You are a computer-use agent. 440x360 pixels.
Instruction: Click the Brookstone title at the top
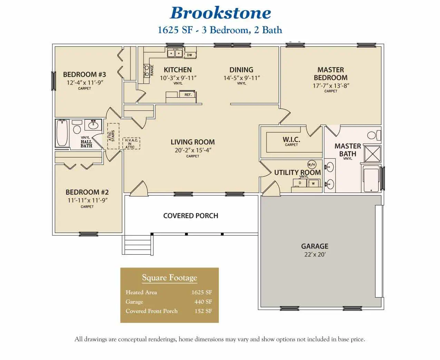click(220, 13)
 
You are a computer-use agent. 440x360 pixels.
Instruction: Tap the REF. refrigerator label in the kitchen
click(188, 95)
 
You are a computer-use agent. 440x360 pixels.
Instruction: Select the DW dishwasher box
click(189, 55)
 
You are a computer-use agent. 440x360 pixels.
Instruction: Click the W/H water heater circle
click(312, 165)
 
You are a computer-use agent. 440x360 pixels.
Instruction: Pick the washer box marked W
click(313, 183)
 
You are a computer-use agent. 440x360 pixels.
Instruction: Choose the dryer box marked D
click(300, 183)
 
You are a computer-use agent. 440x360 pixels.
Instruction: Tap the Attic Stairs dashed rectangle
click(113, 136)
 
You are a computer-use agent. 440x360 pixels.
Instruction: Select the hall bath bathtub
click(62, 133)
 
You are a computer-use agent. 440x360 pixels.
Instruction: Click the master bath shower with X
click(373, 154)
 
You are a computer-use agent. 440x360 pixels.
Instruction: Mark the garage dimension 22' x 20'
click(315, 255)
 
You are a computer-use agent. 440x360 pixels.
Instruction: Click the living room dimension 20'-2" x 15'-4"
click(193, 150)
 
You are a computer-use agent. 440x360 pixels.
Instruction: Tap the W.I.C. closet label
click(291, 140)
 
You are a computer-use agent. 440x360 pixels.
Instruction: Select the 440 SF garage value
click(203, 302)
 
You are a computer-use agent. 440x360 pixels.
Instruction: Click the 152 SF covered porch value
click(203, 311)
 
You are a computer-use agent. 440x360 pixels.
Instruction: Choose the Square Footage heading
click(169, 278)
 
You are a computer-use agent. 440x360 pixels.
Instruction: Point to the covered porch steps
click(137, 245)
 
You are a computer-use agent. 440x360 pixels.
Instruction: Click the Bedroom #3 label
click(85, 75)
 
